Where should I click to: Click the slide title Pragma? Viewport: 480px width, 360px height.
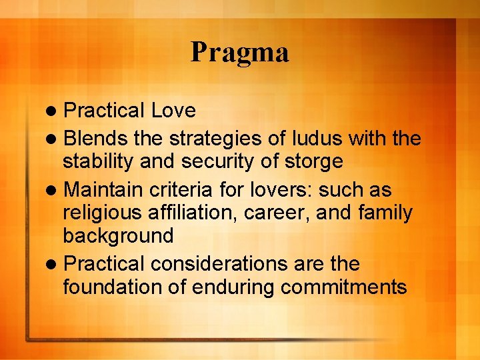pyautogui.click(x=239, y=53)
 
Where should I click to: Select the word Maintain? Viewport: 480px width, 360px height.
pyautogui.click(x=103, y=190)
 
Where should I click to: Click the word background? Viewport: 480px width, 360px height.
pyautogui.click(x=118, y=236)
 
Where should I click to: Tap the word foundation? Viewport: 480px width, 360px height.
pyautogui.click(x=110, y=287)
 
